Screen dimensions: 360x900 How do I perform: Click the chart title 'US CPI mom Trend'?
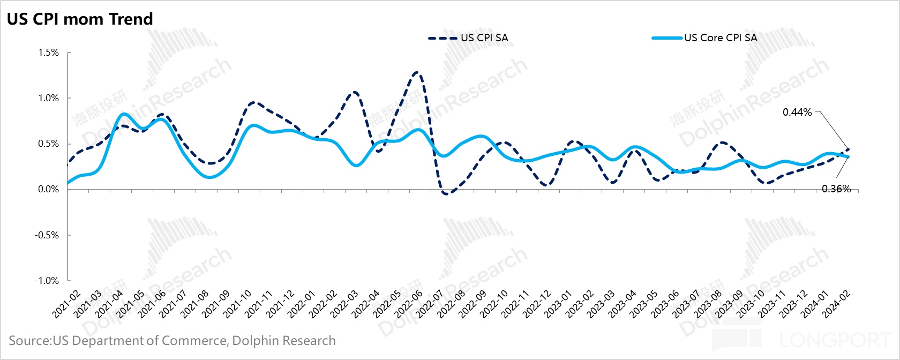pyautogui.click(x=80, y=19)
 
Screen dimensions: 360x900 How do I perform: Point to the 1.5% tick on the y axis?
pyautogui.click(x=48, y=52)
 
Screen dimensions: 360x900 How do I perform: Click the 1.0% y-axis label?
pyautogui.click(x=48, y=98)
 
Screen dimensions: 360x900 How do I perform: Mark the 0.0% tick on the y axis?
pyautogui.click(x=48, y=189)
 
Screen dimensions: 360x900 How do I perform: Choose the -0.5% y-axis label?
pyautogui.click(x=47, y=235)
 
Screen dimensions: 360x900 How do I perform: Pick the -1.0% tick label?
pyautogui.click(x=47, y=281)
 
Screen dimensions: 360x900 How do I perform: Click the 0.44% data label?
pyautogui.click(x=797, y=112)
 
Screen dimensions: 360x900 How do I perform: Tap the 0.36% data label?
pyautogui.click(x=836, y=189)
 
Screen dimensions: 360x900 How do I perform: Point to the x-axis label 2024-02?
pyautogui.click(x=837, y=304)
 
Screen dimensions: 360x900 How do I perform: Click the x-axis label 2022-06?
pyautogui.click(x=409, y=304)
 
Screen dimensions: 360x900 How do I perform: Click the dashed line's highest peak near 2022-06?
pyautogui.click(x=416, y=72)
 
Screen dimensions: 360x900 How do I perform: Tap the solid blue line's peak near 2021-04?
pyautogui.click(x=124, y=114)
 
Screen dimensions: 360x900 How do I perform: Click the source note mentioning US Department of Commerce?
pyautogui.click(x=172, y=341)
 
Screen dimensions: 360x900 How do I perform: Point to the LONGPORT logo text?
pyautogui.click(x=836, y=340)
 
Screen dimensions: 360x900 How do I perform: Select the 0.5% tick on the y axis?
pyautogui.click(x=48, y=144)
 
